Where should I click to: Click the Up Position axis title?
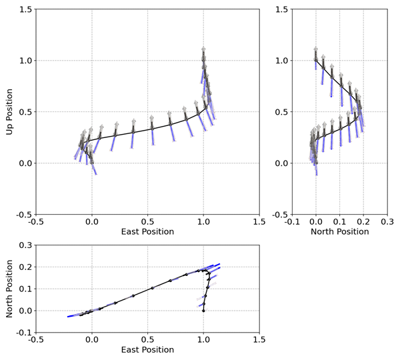pyautogui.click(x=9, y=112)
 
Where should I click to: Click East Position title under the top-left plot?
pyautogui.click(x=147, y=231)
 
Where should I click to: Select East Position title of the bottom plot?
pyautogui.click(x=147, y=349)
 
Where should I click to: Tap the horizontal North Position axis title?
pyautogui.click(x=339, y=231)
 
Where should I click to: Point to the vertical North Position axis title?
pyautogui.click(x=9, y=289)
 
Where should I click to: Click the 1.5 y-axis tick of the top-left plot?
pyautogui.click(x=26, y=9)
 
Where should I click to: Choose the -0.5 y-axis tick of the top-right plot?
pyautogui.click(x=280, y=215)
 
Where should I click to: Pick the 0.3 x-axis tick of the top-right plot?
pyautogui.click(x=387, y=222)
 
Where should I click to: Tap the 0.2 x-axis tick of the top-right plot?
pyautogui.click(x=363, y=222)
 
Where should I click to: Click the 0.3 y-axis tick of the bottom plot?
pyautogui.click(x=26, y=245)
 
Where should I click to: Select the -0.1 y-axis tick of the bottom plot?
pyautogui.click(x=25, y=333)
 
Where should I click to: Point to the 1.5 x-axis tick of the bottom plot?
pyautogui.click(x=259, y=340)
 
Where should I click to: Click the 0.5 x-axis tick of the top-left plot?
pyautogui.click(x=147, y=222)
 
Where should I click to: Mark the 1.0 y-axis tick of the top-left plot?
pyautogui.click(x=26, y=61)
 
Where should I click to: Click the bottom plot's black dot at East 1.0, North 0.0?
pyautogui.click(x=203, y=311)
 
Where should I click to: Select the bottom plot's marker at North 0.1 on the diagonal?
pyautogui.click(x=152, y=288)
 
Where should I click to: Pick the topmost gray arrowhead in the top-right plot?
pyautogui.click(x=315, y=49)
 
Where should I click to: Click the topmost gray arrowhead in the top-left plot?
pyautogui.click(x=203, y=49)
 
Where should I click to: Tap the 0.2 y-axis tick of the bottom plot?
pyautogui.click(x=26, y=267)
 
